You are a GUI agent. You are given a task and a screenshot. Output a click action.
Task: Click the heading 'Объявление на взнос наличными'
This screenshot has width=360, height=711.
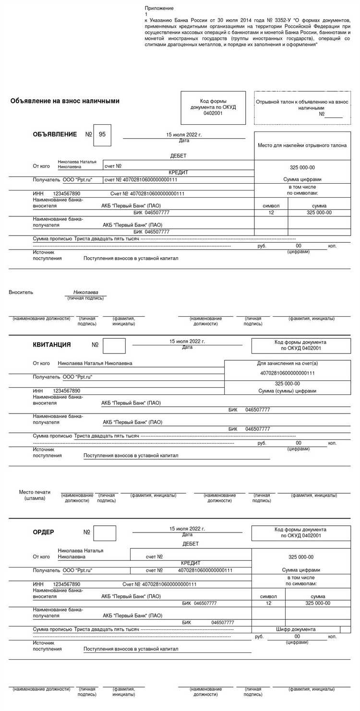(65, 101)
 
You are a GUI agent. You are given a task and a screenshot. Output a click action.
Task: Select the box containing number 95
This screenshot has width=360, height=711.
(102, 135)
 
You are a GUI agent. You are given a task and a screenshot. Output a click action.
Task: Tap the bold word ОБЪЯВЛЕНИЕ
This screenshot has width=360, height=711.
(55, 134)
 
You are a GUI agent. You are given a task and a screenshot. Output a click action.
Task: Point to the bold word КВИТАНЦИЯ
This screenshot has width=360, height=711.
(52, 344)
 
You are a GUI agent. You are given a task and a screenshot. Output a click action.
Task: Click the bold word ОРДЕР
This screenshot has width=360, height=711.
(43, 532)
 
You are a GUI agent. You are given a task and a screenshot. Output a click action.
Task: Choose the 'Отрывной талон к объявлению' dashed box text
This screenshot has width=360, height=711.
(302, 106)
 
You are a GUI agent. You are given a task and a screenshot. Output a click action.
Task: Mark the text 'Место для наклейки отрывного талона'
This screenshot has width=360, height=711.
(302, 145)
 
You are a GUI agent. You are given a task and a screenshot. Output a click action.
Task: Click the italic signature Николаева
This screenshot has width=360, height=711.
(85, 292)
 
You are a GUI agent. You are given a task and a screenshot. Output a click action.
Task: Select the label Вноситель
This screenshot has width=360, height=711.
(21, 292)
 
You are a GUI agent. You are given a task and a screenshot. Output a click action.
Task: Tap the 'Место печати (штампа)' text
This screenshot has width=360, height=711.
(35, 495)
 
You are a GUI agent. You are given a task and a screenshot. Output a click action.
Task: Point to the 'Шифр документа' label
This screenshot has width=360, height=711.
(296, 629)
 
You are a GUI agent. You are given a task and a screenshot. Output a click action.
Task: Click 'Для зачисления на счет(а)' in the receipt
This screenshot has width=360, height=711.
(288, 363)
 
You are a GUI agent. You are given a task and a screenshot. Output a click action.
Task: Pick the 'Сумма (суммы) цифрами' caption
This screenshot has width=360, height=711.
(288, 391)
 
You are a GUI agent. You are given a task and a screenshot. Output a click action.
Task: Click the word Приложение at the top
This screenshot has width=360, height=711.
(159, 8)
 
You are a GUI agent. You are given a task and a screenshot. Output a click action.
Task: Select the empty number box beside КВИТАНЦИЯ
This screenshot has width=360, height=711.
(114, 345)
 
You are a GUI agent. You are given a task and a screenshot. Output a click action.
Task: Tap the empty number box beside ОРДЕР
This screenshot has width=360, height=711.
(105, 533)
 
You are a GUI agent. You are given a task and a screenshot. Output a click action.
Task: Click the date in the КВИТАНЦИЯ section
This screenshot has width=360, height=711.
(187, 341)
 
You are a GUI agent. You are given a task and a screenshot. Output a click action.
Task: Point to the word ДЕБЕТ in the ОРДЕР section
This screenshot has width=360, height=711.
(191, 544)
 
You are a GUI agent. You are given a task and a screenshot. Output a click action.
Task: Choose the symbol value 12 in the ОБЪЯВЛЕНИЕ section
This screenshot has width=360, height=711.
(271, 213)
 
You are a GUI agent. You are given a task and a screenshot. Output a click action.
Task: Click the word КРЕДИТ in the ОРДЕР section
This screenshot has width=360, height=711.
(191, 563)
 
